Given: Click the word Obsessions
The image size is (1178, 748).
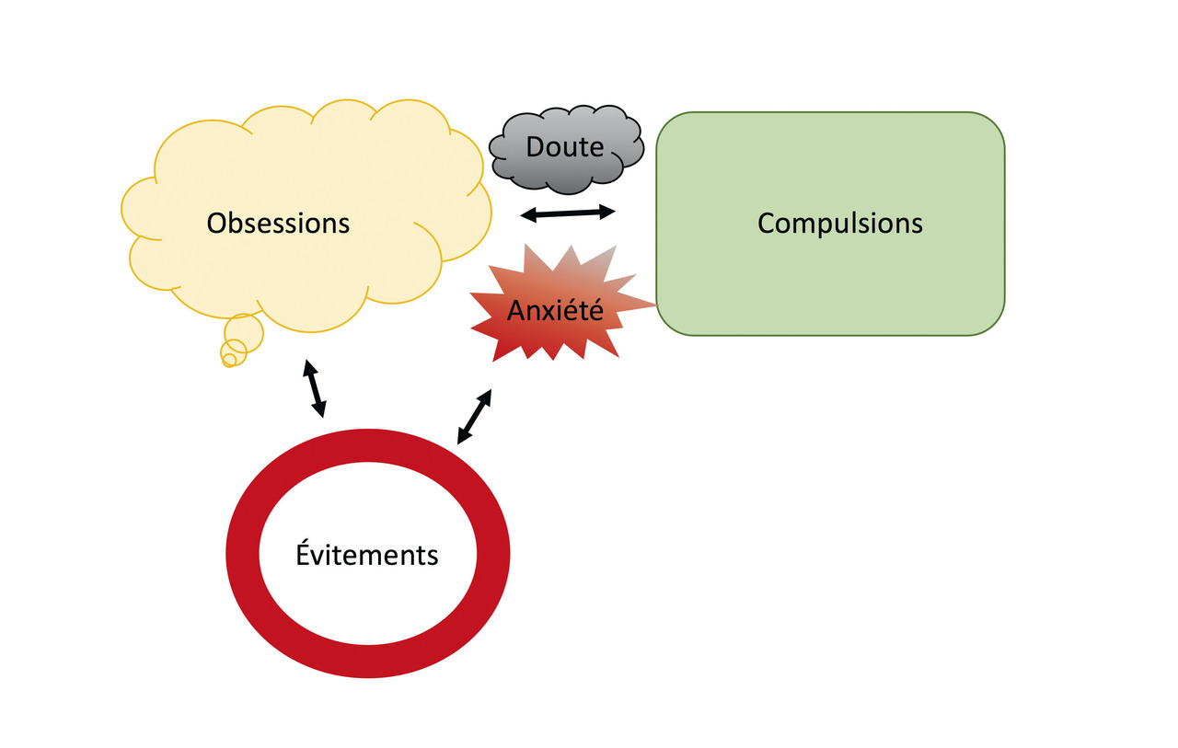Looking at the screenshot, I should pyautogui.click(x=278, y=224).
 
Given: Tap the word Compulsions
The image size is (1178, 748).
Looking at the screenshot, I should pyautogui.click(x=839, y=224).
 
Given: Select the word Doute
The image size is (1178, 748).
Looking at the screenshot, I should pyautogui.click(x=565, y=147).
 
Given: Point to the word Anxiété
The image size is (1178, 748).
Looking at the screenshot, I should pyautogui.click(x=555, y=311).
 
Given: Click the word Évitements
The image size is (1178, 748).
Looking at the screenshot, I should pyautogui.click(x=367, y=556).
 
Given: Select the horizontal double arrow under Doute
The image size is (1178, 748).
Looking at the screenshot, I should pyautogui.click(x=568, y=213).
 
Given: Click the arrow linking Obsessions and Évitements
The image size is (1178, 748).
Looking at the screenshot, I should pyautogui.click(x=314, y=389).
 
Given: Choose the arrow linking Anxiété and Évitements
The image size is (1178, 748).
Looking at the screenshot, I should pyautogui.click(x=475, y=416).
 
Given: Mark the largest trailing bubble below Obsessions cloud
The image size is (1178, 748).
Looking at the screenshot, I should pyautogui.click(x=244, y=330).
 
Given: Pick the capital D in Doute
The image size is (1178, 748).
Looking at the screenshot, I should pyautogui.click(x=535, y=147).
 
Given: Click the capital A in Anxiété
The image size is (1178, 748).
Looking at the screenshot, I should pyautogui.click(x=516, y=311).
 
